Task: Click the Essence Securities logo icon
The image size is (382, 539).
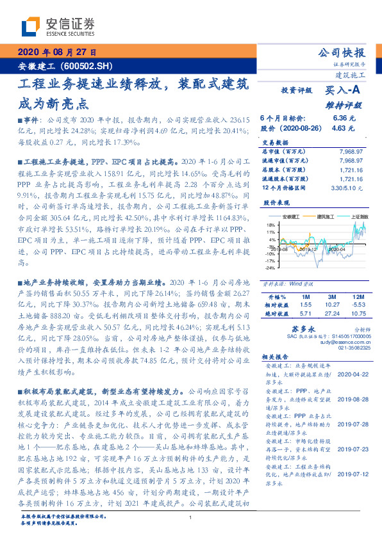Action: [29, 26]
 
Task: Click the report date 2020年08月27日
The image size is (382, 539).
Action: [56, 52]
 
